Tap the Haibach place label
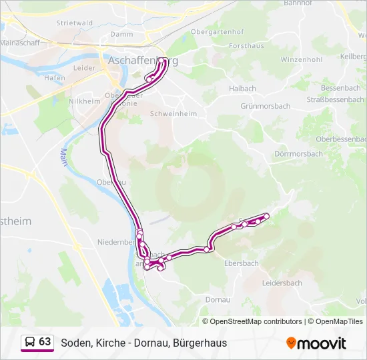(242, 88)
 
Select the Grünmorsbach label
(265, 106)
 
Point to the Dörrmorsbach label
(298, 153)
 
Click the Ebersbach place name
(242, 263)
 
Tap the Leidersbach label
(282, 283)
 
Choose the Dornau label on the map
(218, 300)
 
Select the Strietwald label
(75, 23)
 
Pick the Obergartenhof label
(217, 31)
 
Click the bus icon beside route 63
(30, 342)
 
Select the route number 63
(45, 342)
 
